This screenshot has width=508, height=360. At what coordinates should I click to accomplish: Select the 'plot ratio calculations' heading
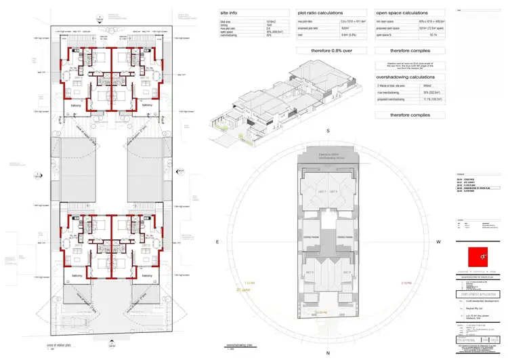point(320,13)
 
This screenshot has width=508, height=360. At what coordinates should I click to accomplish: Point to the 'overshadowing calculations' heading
point(407,77)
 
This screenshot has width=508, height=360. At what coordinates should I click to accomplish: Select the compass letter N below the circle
point(327,353)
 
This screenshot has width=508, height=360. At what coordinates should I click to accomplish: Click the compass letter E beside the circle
point(217,241)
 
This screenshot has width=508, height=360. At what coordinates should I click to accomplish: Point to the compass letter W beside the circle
point(439,241)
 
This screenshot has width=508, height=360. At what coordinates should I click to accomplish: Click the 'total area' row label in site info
point(228,23)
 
